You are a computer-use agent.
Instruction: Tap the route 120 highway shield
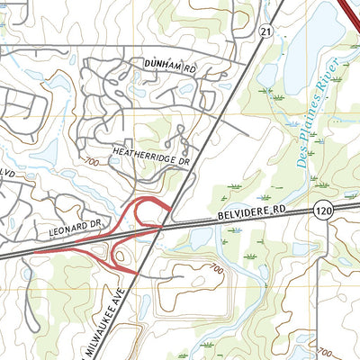tap(324, 210)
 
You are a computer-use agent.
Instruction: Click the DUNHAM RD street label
tap(169, 64)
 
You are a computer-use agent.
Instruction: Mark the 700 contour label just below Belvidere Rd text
tap(213, 268)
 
